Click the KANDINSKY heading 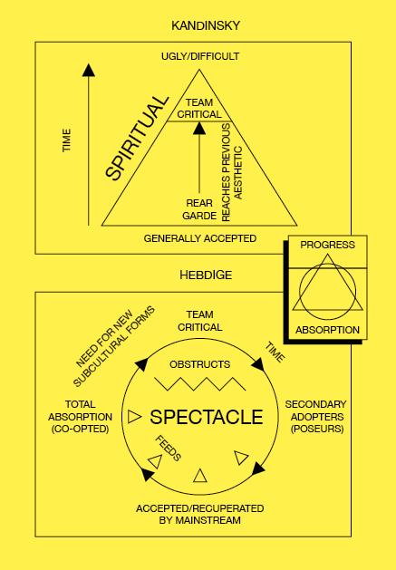[x=206, y=25]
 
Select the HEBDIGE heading [x=206, y=275]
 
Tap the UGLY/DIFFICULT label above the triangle [x=200, y=56]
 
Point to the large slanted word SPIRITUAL [x=137, y=138]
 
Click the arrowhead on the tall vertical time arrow [x=89, y=70]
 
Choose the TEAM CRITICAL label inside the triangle [x=199, y=109]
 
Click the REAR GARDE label [x=199, y=209]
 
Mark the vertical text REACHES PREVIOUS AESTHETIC [x=231, y=172]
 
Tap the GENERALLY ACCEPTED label [x=200, y=238]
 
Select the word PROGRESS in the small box [x=328, y=245]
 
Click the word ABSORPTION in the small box [x=328, y=330]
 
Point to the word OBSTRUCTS [x=200, y=364]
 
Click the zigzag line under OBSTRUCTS [x=200, y=384]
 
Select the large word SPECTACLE [x=207, y=417]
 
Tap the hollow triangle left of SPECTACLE [x=134, y=417]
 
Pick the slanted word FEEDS [x=168, y=449]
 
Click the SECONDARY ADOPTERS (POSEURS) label [x=316, y=417]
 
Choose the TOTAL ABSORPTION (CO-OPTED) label [x=81, y=417]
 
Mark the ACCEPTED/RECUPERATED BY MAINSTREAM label [x=200, y=514]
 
